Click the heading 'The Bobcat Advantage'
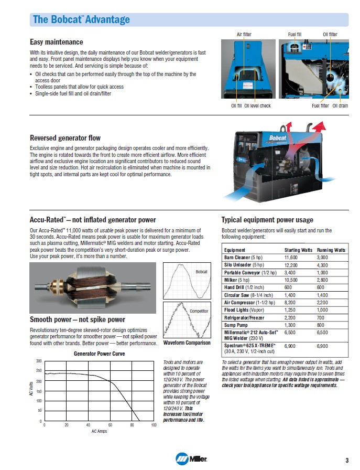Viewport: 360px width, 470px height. pos(81,20)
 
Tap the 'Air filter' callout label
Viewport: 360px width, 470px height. pos(244,35)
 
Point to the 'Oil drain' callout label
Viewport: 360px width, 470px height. pos(340,106)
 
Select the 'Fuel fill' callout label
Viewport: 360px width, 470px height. pos(294,35)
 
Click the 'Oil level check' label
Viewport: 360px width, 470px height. pos(258,106)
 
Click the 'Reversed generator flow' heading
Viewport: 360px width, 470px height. pos(65,138)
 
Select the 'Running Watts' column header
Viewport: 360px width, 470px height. pos(331,250)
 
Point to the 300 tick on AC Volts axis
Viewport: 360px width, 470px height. pos(38,361)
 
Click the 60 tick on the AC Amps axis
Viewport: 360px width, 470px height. pos(110,424)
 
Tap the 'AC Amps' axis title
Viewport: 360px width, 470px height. pos(99,431)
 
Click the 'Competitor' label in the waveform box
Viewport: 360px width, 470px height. pos(199,312)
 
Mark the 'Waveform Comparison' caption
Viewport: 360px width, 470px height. pos(187,343)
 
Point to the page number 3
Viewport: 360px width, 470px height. pos(346,460)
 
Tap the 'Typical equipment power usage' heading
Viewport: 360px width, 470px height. pos(267,220)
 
